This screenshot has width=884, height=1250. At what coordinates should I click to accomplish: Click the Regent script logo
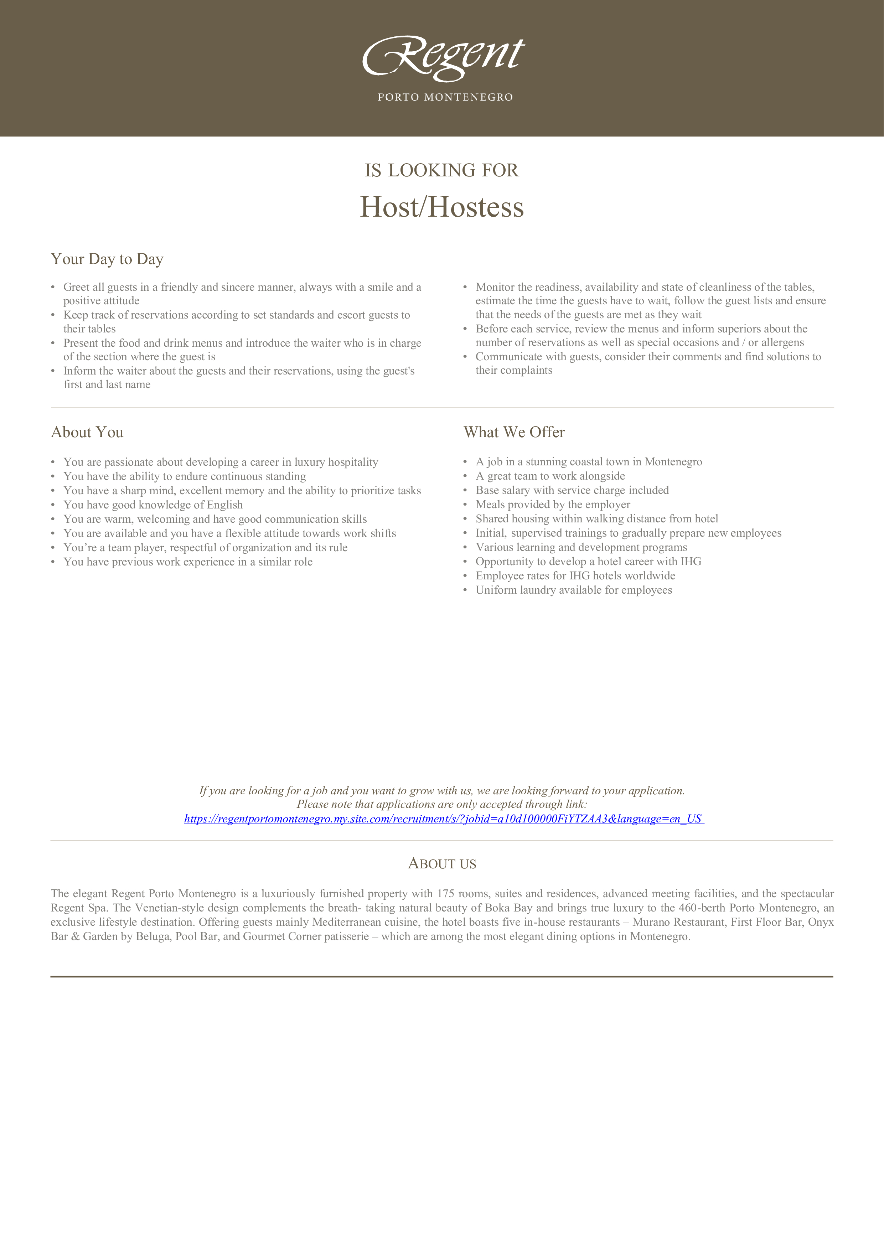point(443,57)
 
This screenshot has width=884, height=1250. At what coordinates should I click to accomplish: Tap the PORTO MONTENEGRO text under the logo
point(445,97)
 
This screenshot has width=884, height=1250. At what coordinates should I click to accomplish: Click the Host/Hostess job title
point(442,207)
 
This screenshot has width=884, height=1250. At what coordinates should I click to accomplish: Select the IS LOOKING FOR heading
point(441,170)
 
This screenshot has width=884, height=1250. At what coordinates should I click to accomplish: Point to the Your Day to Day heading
point(107,259)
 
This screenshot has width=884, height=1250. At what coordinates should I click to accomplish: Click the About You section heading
point(87,432)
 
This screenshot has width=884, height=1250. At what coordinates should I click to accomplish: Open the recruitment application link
point(444,819)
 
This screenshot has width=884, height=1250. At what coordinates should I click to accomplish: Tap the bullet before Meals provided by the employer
point(465,505)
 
